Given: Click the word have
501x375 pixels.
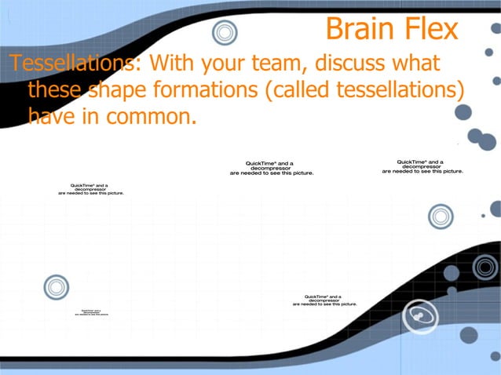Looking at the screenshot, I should pos(53,118).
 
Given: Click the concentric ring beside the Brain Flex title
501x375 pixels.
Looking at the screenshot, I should pos(225,32).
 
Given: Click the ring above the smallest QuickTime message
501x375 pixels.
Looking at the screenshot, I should pos(57,287).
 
